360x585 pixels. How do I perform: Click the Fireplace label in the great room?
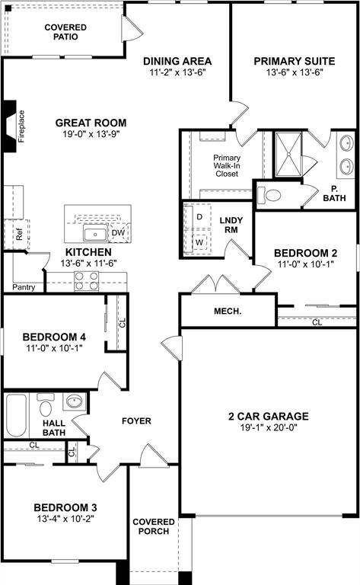tap(21, 126)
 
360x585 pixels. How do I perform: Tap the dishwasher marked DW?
tap(118, 233)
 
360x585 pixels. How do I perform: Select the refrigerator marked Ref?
tap(19, 235)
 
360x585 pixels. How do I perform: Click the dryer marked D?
tap(199, 216)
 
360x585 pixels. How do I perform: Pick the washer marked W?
tap(199, 241)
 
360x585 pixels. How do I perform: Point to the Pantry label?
tap(24, 288)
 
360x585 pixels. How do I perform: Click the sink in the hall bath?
tap(75, 401)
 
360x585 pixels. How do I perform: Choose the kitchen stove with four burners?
tap(86, 282)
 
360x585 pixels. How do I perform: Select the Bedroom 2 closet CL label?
tap(317, 322)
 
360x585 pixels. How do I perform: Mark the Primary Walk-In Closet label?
tap(226, 165)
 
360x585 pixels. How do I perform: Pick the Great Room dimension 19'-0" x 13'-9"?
tap(90, 134)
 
